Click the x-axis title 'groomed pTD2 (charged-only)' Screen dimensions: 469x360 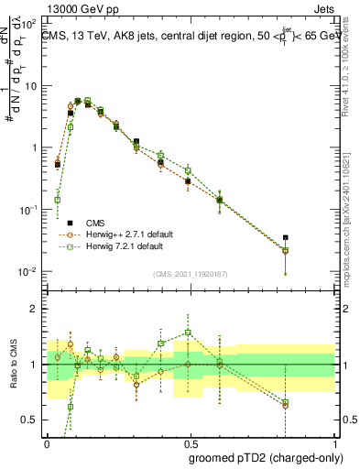[274, 456]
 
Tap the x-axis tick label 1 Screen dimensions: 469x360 [333, 442]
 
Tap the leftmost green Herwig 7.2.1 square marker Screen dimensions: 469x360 [58, 200]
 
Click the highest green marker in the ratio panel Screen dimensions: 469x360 [188, 333]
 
